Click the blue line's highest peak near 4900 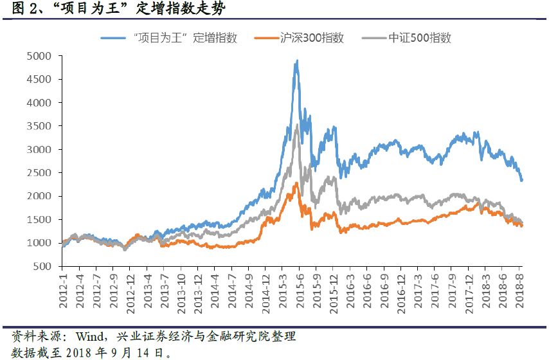(x=296, y=60)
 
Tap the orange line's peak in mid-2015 (x=296, y=183)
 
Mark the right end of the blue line (x=522, y=181)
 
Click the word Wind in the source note (x=89, y=337)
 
